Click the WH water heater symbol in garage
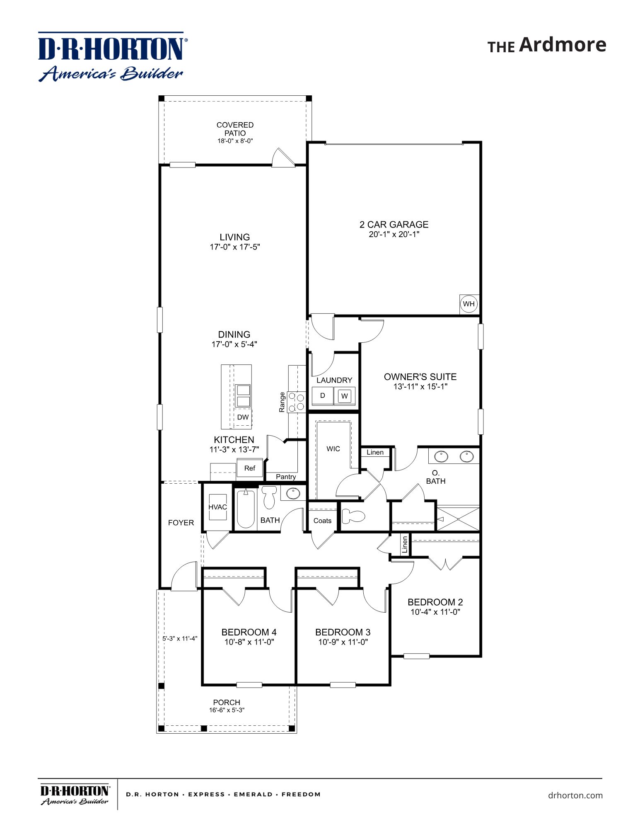(469, 304)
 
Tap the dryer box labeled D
(322, 396)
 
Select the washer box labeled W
(344, 396)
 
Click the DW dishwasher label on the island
(243, 417)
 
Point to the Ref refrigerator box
(250, 468)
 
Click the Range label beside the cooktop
(282, 402)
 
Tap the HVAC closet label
(217, 507)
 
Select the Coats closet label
(322, 521)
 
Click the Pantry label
(286, 477)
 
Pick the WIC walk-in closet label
(333, 449)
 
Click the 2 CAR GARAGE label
(394, 224)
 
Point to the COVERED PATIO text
(235, 129)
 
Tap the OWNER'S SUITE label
(420, 377)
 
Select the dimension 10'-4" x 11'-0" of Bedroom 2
(435, 612)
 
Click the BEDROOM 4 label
(249, 632)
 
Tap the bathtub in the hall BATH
(246, 509)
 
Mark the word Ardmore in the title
(563, 44)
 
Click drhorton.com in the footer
(575, 795)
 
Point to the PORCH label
(227, 702)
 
